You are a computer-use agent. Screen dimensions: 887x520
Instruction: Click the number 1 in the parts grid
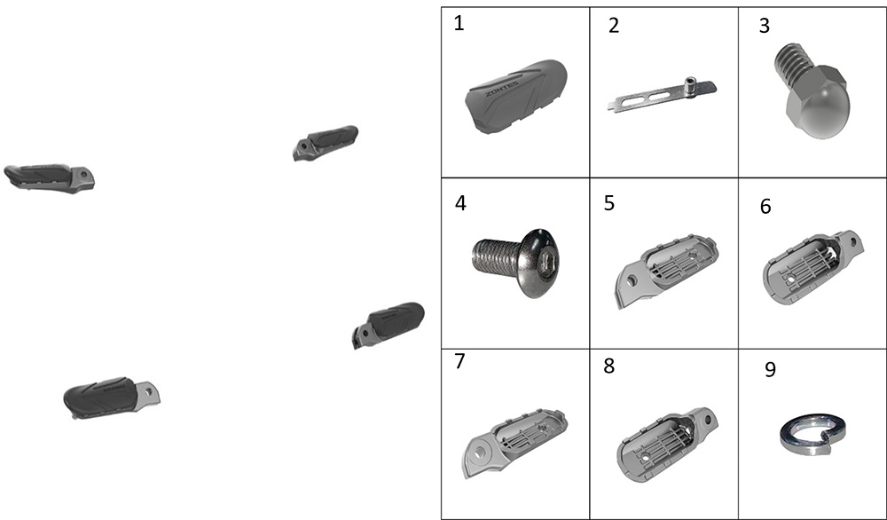[459, 24]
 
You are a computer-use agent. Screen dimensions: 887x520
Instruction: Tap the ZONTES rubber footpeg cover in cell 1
[516, 96]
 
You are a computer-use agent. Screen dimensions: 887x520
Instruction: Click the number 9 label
[770, 369]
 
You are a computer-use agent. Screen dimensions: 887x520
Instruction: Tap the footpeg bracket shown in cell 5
[666, 270]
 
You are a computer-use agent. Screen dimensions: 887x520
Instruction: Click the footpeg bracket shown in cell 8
[666, 445]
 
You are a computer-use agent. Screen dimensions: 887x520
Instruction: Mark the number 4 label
[460, 203]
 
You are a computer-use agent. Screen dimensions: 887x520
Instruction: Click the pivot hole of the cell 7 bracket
[480, 452]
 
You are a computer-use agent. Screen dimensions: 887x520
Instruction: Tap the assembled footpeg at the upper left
[49, 178]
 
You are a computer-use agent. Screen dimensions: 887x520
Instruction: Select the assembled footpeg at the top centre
[326, 143]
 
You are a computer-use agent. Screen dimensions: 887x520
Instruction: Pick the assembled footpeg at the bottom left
[112, 398]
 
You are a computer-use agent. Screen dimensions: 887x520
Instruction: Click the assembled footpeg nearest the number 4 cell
[389, 324]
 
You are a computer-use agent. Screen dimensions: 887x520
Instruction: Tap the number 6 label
[765, 207]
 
